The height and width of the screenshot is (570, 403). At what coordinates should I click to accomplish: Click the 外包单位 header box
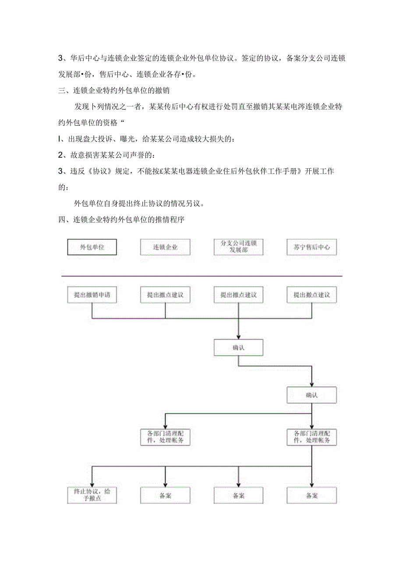[92, 247]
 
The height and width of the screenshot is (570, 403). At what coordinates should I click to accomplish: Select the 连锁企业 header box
[165, 247]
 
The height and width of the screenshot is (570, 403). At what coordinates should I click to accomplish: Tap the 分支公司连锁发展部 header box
[238, 247]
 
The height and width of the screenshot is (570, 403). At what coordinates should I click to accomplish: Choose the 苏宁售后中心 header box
[311, 247]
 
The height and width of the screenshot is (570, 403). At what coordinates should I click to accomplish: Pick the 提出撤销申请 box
[92, 295]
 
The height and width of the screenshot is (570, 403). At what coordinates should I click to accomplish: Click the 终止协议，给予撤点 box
[92, 495]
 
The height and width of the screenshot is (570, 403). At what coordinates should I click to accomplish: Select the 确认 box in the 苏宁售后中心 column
[311, 395]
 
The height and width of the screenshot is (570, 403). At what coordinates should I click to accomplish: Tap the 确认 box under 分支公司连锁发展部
[238, 347]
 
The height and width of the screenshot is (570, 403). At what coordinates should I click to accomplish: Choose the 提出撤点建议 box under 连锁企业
[165, 295]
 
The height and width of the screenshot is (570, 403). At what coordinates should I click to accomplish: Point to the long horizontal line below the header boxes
[201, 276]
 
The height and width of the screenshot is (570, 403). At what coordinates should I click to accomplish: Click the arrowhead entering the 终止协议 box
[92, 484]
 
